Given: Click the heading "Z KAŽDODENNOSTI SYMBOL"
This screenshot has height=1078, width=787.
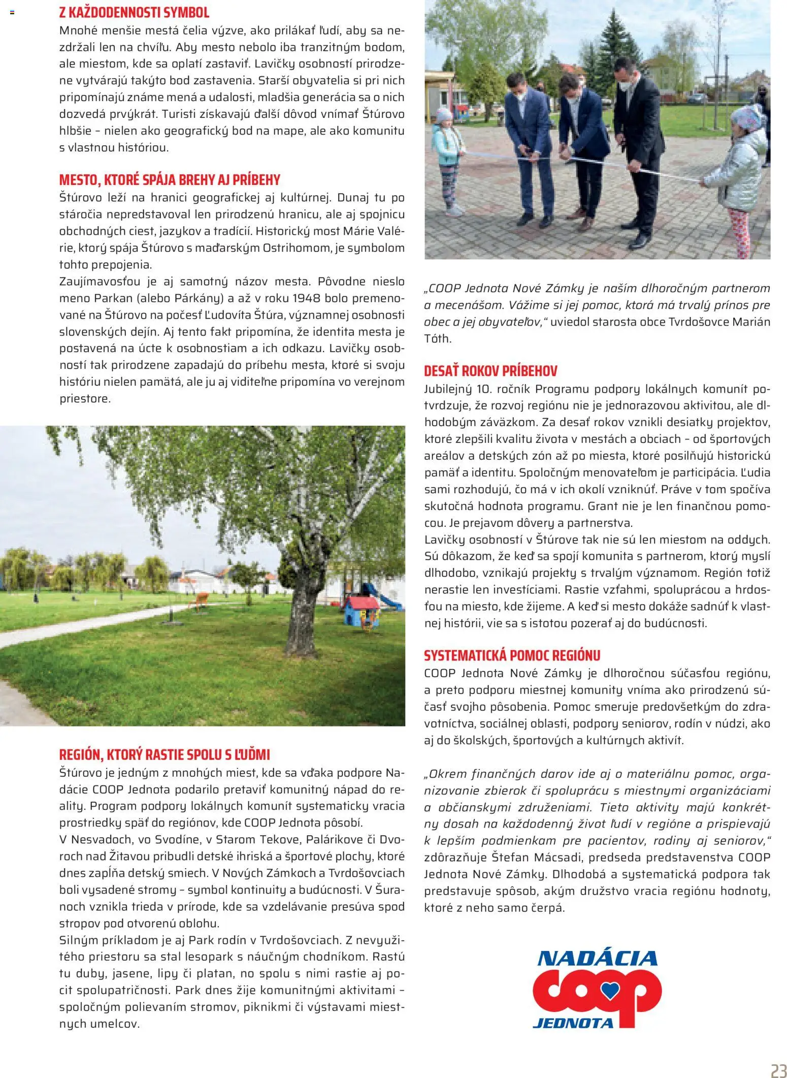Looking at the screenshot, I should tap(134, 13).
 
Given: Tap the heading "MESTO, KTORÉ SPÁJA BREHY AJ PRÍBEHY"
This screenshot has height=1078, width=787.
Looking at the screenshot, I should tap(170, 180).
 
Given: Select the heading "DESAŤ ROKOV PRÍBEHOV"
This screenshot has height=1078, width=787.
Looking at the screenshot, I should tap(490, 371).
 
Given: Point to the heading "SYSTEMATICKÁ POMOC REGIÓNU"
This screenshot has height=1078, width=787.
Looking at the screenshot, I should tap(512, 655).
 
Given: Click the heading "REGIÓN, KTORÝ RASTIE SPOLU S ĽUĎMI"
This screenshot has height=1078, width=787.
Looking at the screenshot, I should tap(165, 755).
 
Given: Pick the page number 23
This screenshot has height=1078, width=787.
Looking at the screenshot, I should tap(778, 1070).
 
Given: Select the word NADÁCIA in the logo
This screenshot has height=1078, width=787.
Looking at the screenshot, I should tap(597, 958).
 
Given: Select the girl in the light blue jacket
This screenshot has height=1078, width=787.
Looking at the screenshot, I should tap(447, 157).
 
